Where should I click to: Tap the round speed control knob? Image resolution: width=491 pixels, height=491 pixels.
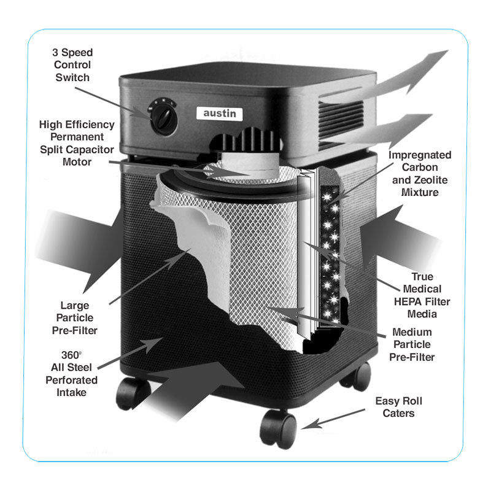click(x=162, y=116)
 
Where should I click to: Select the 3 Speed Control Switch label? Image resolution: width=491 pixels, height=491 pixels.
click(x=72, y=64)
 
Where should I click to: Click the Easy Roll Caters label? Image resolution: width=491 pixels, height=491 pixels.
click(x=399, y=407)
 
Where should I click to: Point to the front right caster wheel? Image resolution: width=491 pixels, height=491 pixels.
click(x=278, y=428)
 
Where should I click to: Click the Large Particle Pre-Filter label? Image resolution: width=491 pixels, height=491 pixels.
click(x=75, y=317)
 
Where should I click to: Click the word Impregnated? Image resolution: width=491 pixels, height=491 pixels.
click(x=420, y=155)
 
